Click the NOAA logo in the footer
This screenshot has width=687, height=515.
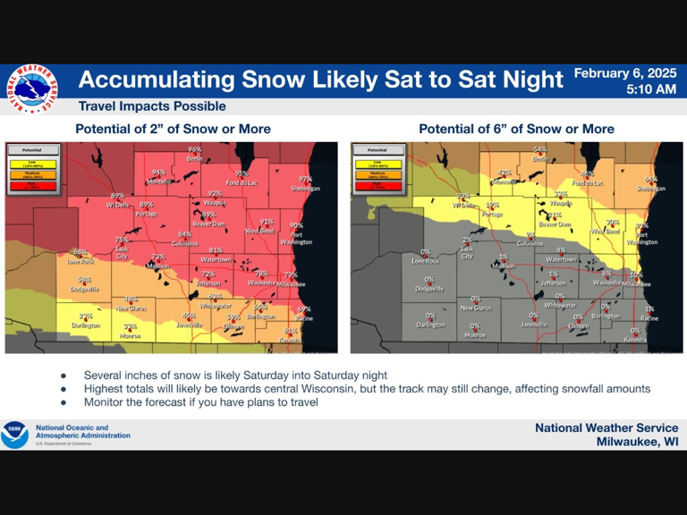[14, 435]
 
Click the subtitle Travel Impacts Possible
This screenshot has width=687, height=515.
[151, 106]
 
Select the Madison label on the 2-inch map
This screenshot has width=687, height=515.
[157, 266]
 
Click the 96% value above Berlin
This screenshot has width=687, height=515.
[194, 149]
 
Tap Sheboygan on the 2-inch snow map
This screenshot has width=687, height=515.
[304, 189]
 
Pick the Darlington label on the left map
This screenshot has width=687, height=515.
[86, 325]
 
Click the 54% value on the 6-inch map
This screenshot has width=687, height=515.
[539, 149]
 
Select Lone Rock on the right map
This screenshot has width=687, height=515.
[426, 261]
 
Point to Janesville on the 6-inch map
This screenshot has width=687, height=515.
[533, 325]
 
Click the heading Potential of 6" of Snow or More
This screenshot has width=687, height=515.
[516, 129]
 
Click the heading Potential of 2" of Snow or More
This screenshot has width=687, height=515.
[173, 129]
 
